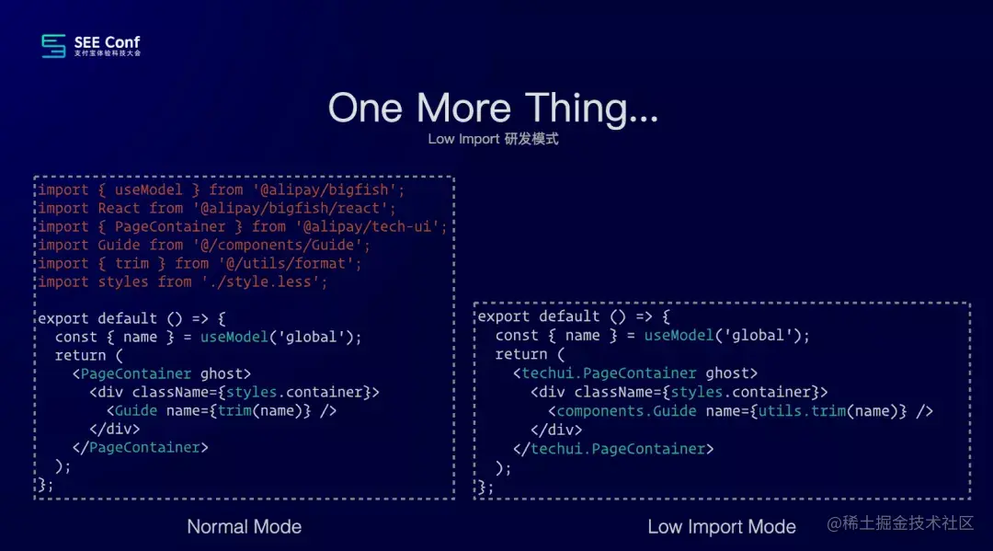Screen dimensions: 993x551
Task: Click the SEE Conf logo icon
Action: click(x=53, y=46)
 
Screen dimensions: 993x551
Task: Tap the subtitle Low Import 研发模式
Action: click(x=493, y=139)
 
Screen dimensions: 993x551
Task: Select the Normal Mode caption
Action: click(x=244, y=527)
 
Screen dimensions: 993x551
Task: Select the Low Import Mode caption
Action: click(x=722, y=527)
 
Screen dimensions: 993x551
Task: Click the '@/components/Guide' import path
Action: click(x=282, y=245)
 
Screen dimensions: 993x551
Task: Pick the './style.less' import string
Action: click(x=260, y=281)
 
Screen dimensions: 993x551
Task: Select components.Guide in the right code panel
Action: click(x=627, y=411)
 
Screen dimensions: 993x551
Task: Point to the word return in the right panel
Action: click(x=521, y=354)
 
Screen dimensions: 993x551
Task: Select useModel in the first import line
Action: click(x=147, y=189)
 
